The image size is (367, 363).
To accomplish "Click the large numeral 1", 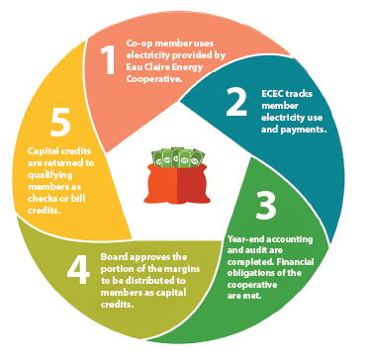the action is pos(108,59).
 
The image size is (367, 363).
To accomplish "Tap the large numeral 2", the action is pos(236,102).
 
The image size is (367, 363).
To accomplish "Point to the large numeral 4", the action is pos(78,270).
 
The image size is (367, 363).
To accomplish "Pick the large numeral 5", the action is pos(60,122).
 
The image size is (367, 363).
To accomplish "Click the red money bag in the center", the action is pos(177,182).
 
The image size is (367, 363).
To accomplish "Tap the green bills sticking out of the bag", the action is pos(178,156).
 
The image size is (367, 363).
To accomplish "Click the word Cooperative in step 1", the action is pos(154,79).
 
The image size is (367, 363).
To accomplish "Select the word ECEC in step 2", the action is pos(274,94).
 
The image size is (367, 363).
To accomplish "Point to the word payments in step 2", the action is pos(303,130).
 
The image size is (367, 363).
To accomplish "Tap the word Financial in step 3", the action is pos(295,262).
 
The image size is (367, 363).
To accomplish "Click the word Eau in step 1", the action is pos(134,67).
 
